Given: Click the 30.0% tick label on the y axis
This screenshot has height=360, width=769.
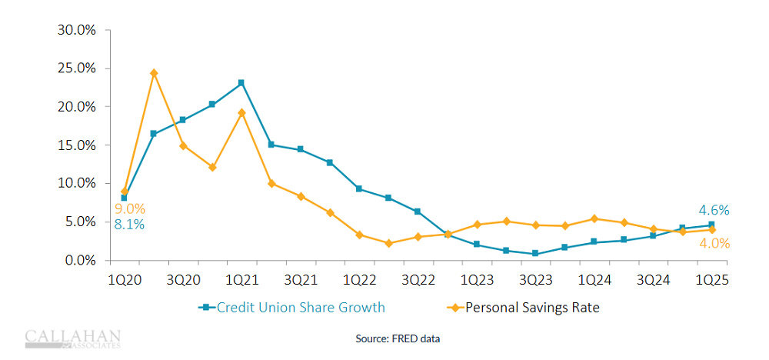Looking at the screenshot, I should click(x=75, y=30).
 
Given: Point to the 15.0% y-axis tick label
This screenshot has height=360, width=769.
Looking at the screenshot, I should click(x=75, y=145).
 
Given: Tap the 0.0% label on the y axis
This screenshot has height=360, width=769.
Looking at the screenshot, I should click(x=78, y=261).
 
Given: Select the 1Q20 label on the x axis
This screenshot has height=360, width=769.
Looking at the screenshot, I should click(x=123, y=280).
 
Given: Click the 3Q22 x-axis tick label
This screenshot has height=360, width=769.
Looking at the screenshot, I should click(x=418, y=280).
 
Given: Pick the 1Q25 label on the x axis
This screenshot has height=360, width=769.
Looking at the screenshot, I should click(x=711, y=280).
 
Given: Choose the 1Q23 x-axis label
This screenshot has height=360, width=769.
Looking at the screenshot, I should click(x=477, y=280).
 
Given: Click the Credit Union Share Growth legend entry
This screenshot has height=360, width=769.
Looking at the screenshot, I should click(x=292, y=308).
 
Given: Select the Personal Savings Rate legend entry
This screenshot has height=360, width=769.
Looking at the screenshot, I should click(x=523, y=308).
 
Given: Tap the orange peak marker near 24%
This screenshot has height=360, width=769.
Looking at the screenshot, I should click(x=154, y=73).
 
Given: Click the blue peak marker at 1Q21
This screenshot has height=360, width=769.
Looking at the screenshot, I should click(x=241, y=82).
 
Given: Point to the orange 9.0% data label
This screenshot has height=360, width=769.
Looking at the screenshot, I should click(x=129, y=208).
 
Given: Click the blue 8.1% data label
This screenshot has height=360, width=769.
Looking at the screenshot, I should click(x=129, y=225).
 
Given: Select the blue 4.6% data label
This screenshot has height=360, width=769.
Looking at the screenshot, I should click(x=714, y=210).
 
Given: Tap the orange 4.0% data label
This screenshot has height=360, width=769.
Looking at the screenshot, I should click(x=714, y=244).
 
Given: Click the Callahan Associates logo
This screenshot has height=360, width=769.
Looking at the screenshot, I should click(x=73, y=338).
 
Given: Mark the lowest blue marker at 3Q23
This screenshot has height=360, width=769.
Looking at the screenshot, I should click(x=535, y=253).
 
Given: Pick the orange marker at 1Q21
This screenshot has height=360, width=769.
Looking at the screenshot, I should click(x=241, y=112).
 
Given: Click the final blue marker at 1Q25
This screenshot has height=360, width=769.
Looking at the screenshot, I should click(x=711, y=225).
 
